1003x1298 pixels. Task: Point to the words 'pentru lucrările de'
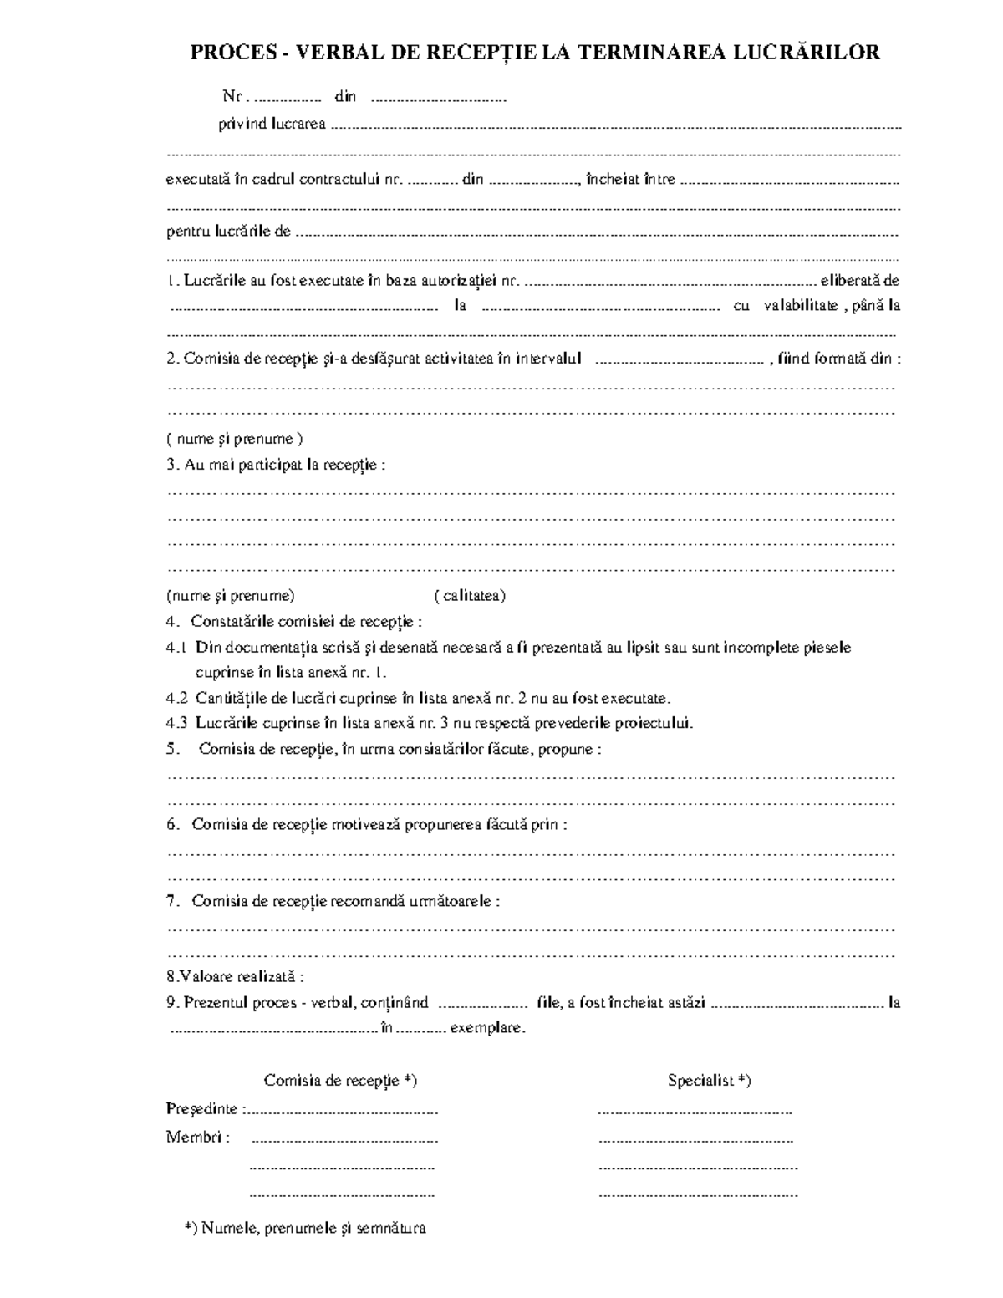pos(228,232)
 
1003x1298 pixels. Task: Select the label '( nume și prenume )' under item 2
pos(234,439)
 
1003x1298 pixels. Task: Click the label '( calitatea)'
pos(470,596)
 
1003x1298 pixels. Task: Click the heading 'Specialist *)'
pos(709,1080)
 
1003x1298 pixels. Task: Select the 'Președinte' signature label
pos(204,1109)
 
